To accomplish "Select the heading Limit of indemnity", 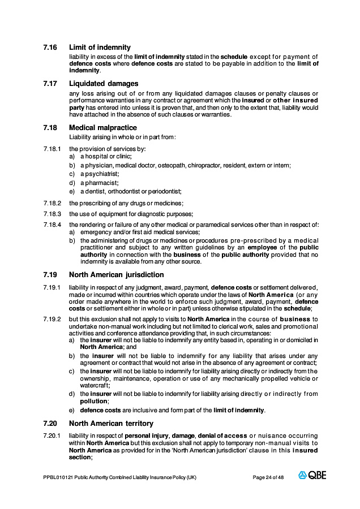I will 100,48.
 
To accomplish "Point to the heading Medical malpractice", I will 103,128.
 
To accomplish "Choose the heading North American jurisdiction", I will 117,275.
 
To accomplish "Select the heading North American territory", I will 111,423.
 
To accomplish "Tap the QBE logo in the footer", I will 312,476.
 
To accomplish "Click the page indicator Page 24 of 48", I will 268,477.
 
